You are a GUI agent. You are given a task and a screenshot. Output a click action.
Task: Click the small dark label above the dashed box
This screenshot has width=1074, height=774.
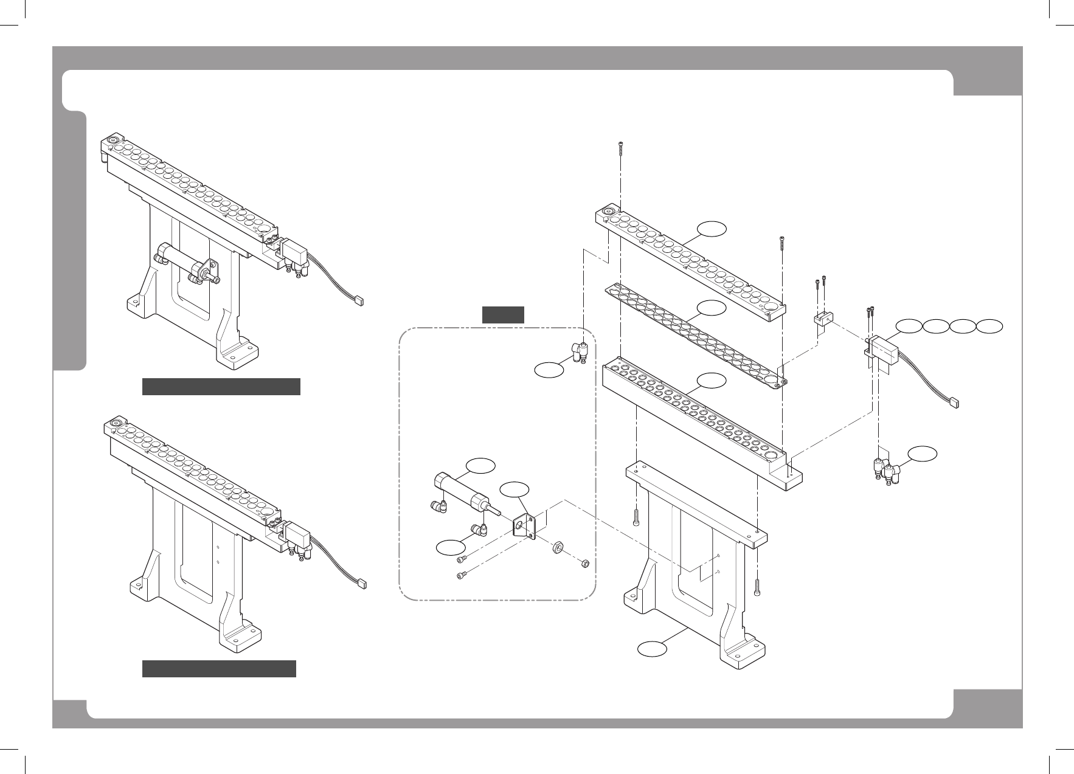point(503,314)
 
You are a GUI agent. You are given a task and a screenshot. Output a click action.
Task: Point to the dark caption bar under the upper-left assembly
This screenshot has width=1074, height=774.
point(221,387)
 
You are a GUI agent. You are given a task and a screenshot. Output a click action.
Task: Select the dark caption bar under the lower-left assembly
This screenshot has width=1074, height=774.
point(219,668)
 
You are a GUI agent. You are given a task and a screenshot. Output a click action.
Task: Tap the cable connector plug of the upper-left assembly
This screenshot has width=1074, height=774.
point(359,300)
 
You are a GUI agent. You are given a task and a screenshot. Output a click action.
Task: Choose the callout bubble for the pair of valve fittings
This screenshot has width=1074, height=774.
point(922,453)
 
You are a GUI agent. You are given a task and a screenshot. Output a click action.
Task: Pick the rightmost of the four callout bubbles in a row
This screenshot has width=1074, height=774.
point(990,326)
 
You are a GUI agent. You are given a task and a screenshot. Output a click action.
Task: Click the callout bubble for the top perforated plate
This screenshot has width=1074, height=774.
point(712,229)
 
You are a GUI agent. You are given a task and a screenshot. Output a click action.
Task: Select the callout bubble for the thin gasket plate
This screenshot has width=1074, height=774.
point(712,308)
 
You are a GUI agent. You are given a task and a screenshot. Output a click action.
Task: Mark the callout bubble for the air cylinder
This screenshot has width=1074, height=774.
point(480,465)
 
